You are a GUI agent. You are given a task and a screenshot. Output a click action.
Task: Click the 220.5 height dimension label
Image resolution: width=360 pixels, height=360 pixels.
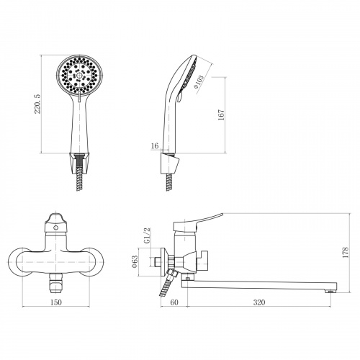(37, 104)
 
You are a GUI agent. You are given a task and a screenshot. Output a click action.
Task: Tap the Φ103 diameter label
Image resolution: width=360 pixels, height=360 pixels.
(199, 81)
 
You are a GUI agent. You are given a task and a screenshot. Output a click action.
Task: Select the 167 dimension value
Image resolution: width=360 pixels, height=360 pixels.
(221, 114)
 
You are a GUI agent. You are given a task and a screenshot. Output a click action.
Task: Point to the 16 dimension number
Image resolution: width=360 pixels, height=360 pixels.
(155, 145)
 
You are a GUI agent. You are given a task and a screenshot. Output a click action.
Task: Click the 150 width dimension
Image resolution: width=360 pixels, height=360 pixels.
(55, 302)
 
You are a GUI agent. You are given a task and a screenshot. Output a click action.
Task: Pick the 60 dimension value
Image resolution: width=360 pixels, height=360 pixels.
(174, 302)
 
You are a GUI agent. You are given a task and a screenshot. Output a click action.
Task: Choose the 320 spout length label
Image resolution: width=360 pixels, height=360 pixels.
(259, 302)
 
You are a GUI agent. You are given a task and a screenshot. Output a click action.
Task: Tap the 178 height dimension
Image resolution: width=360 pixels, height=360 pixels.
(346, 252)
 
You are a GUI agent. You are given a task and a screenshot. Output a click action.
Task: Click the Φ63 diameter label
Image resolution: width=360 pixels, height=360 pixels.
(135, 261)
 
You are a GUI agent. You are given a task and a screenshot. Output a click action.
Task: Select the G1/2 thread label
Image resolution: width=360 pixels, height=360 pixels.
(148, 235)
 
